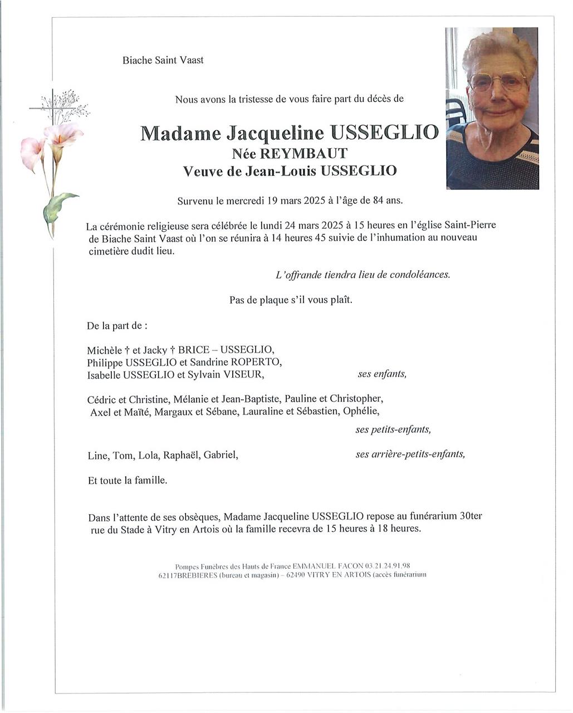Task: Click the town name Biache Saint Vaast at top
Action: tap(163, 60)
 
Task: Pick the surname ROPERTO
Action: tap(254, 362)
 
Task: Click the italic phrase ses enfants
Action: tap(382, 374)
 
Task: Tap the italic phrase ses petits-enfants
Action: tap(393, 429)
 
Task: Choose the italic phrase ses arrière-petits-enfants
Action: tap(410, 454)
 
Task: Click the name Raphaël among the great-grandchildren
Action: tap(180, 455)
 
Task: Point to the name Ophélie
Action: tap(361, 412)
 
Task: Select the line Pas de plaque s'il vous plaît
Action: tap(291, 300)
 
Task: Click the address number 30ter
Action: tap(471, 516)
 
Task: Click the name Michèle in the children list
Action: tap(104, 350)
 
